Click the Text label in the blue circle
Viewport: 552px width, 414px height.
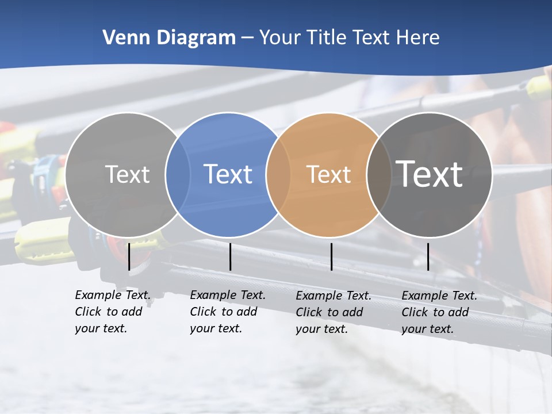pos(228,174)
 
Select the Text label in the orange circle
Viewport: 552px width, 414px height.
pos(328,174)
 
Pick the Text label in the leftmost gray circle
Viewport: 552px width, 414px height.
pos(127,174)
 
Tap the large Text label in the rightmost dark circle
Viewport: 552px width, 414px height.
pos(430,174)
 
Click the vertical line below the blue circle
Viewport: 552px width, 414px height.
pos(230,256)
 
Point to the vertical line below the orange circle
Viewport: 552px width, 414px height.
pos(331,256)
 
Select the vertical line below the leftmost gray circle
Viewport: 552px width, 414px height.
pos(129,256)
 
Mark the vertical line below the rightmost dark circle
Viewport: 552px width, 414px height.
pos(428,256)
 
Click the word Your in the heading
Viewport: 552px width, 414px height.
pos(279,38)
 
